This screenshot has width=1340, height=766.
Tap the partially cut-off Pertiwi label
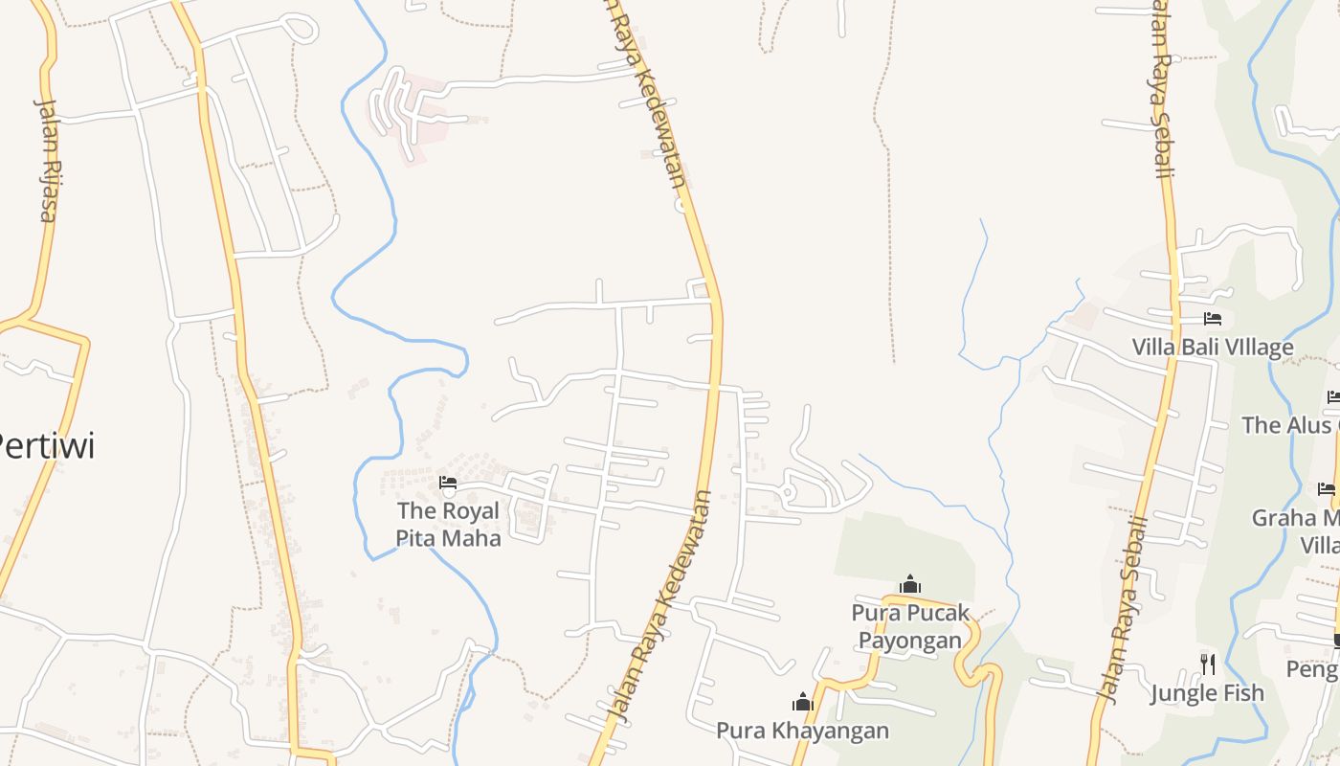click(47, 445)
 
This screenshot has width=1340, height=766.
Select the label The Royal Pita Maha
click(448, 525)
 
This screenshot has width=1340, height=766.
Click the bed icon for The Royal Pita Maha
click(447, 483)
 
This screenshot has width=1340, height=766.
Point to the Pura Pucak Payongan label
click(910, 626)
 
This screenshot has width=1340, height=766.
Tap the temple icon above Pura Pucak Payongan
click(910, 584)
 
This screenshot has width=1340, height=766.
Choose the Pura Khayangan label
click(802, 731)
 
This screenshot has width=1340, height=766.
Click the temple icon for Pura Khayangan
click(802, 703)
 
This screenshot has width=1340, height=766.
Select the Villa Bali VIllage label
click(1213, 347)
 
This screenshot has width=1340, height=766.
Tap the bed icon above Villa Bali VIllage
click(1213, 319)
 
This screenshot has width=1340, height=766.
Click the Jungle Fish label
click(1207, 692)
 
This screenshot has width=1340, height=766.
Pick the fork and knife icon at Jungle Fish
click(1208, 664)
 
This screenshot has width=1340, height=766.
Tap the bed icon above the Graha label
click(1327, 489)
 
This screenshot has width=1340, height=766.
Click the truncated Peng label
click(1312, 669)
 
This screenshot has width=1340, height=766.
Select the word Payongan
click(910, 640)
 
